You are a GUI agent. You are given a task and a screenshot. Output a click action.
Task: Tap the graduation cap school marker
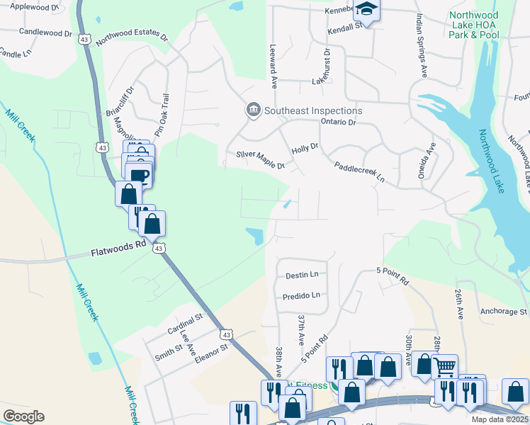(366, 9)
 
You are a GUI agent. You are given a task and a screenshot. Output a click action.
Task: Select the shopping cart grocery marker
(444, 367)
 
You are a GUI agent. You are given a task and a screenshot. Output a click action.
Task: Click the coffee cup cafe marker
(140, 174)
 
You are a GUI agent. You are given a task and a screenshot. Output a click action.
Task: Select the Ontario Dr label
(337, 122)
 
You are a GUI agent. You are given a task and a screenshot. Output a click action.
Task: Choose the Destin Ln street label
(302, 274)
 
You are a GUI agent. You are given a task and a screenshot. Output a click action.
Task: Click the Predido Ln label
(301, 295)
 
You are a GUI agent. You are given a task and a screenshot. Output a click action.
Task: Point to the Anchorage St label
(503, 311)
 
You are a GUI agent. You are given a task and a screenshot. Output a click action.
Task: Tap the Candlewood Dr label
(46, 33)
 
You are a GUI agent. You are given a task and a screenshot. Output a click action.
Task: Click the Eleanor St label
(213, 352)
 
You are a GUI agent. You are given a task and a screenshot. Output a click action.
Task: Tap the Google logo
(23, 416)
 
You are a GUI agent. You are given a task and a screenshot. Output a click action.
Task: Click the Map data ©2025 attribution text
(500, 419)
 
